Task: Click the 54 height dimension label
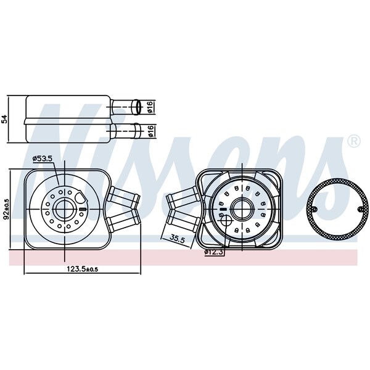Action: (x=4, y=119)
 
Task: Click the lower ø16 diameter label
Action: (x=150, y=131)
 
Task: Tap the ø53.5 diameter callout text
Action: (x=43, y=158)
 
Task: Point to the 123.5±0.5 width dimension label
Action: (x=83, y=269)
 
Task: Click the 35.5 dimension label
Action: (x=178, y=240)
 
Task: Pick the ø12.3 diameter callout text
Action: (x=214, y=252)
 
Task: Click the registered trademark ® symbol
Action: (x=354, y=141)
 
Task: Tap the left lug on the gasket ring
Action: (x=314, y=208)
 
